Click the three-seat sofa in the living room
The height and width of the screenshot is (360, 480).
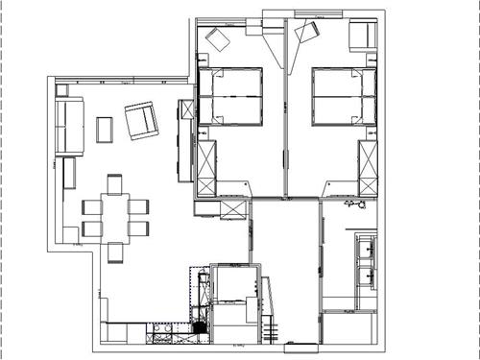68,126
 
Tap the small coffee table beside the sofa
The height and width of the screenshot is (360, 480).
105,129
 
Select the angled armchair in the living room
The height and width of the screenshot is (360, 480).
141,120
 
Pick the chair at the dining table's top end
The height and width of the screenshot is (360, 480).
115,182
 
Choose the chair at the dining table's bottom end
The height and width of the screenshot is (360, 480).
116,252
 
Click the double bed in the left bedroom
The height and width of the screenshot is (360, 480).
231,96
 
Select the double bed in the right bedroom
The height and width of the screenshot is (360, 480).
342,96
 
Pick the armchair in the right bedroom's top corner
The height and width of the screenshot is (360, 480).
361,36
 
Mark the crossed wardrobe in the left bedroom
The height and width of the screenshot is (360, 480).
206,166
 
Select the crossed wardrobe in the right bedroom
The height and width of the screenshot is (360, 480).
368,166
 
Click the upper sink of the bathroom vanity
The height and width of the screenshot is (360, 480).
366,251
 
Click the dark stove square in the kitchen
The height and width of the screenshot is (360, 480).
200,327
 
